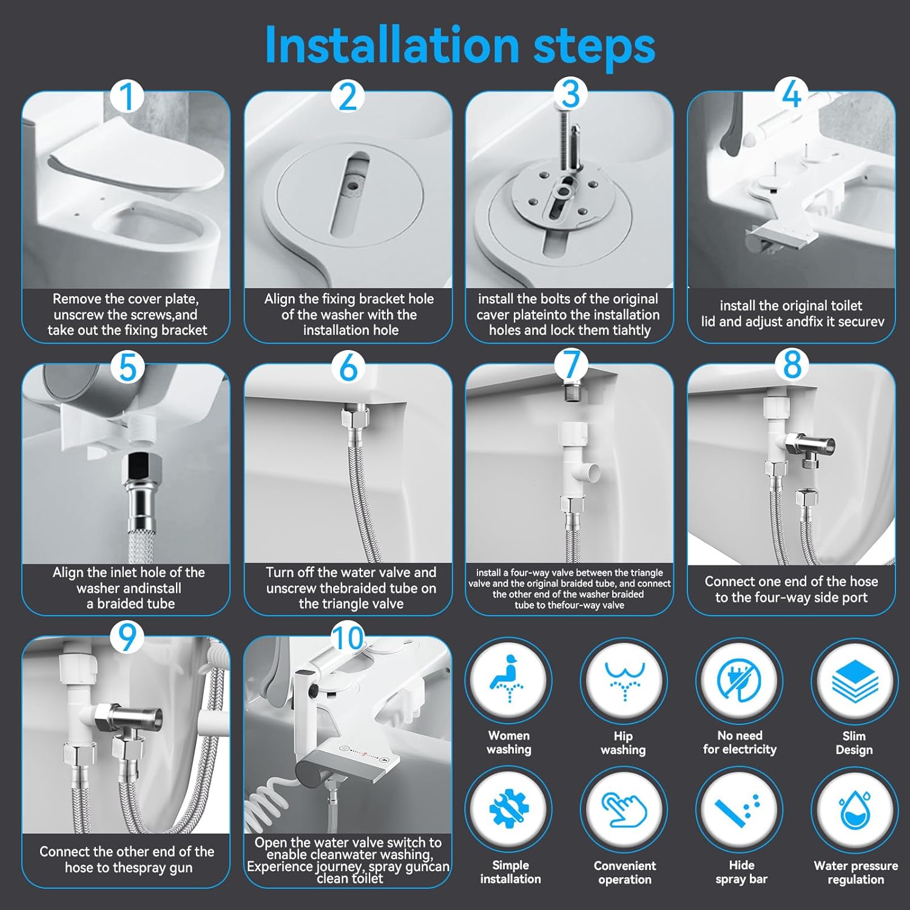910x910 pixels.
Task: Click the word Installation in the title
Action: (x=391, y=45)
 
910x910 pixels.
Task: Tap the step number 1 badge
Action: (x=127, y=97)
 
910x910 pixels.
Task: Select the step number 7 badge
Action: (x=570, y=365)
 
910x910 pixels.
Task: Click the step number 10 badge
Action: (x=348, y=638)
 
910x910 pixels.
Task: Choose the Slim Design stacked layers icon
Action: (x=854, y=681)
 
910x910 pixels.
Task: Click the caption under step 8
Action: (x=790, y=589)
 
